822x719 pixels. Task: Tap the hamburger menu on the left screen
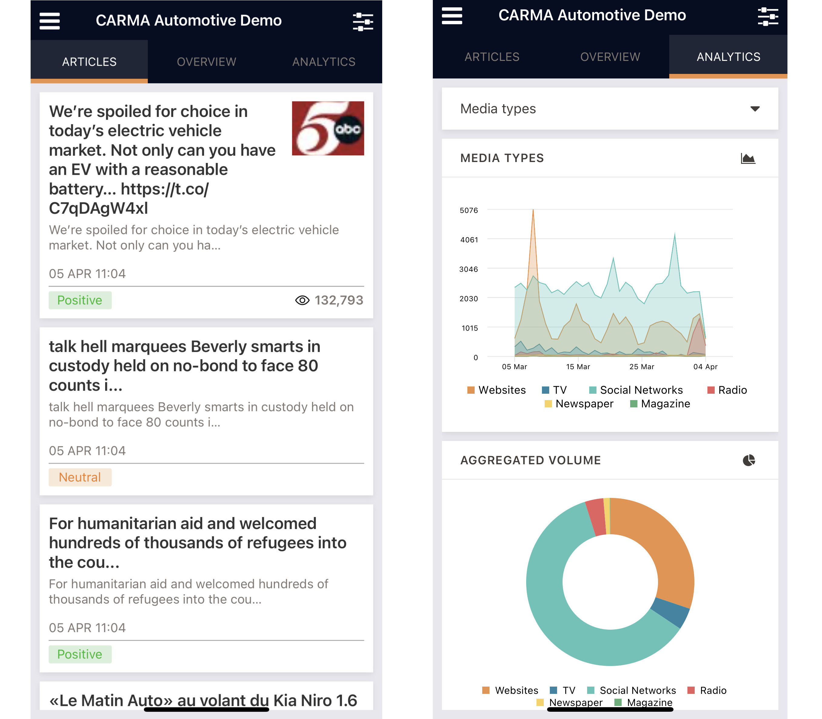pos(50,21)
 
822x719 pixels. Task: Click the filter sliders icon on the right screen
pos(767,16)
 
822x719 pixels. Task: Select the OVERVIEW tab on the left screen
pos(206,62)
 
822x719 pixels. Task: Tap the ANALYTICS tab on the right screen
pos(728,57)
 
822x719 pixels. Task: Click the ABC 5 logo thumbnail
pos(328,128)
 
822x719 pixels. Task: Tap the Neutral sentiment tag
pos(80,477)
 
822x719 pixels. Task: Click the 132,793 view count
pos(339,300)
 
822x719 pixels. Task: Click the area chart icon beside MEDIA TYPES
pos(748,158)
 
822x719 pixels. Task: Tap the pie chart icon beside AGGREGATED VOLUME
pos(749,460)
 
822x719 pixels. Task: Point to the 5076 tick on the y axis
pos(469,210)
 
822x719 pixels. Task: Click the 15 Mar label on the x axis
pos(578,367)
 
